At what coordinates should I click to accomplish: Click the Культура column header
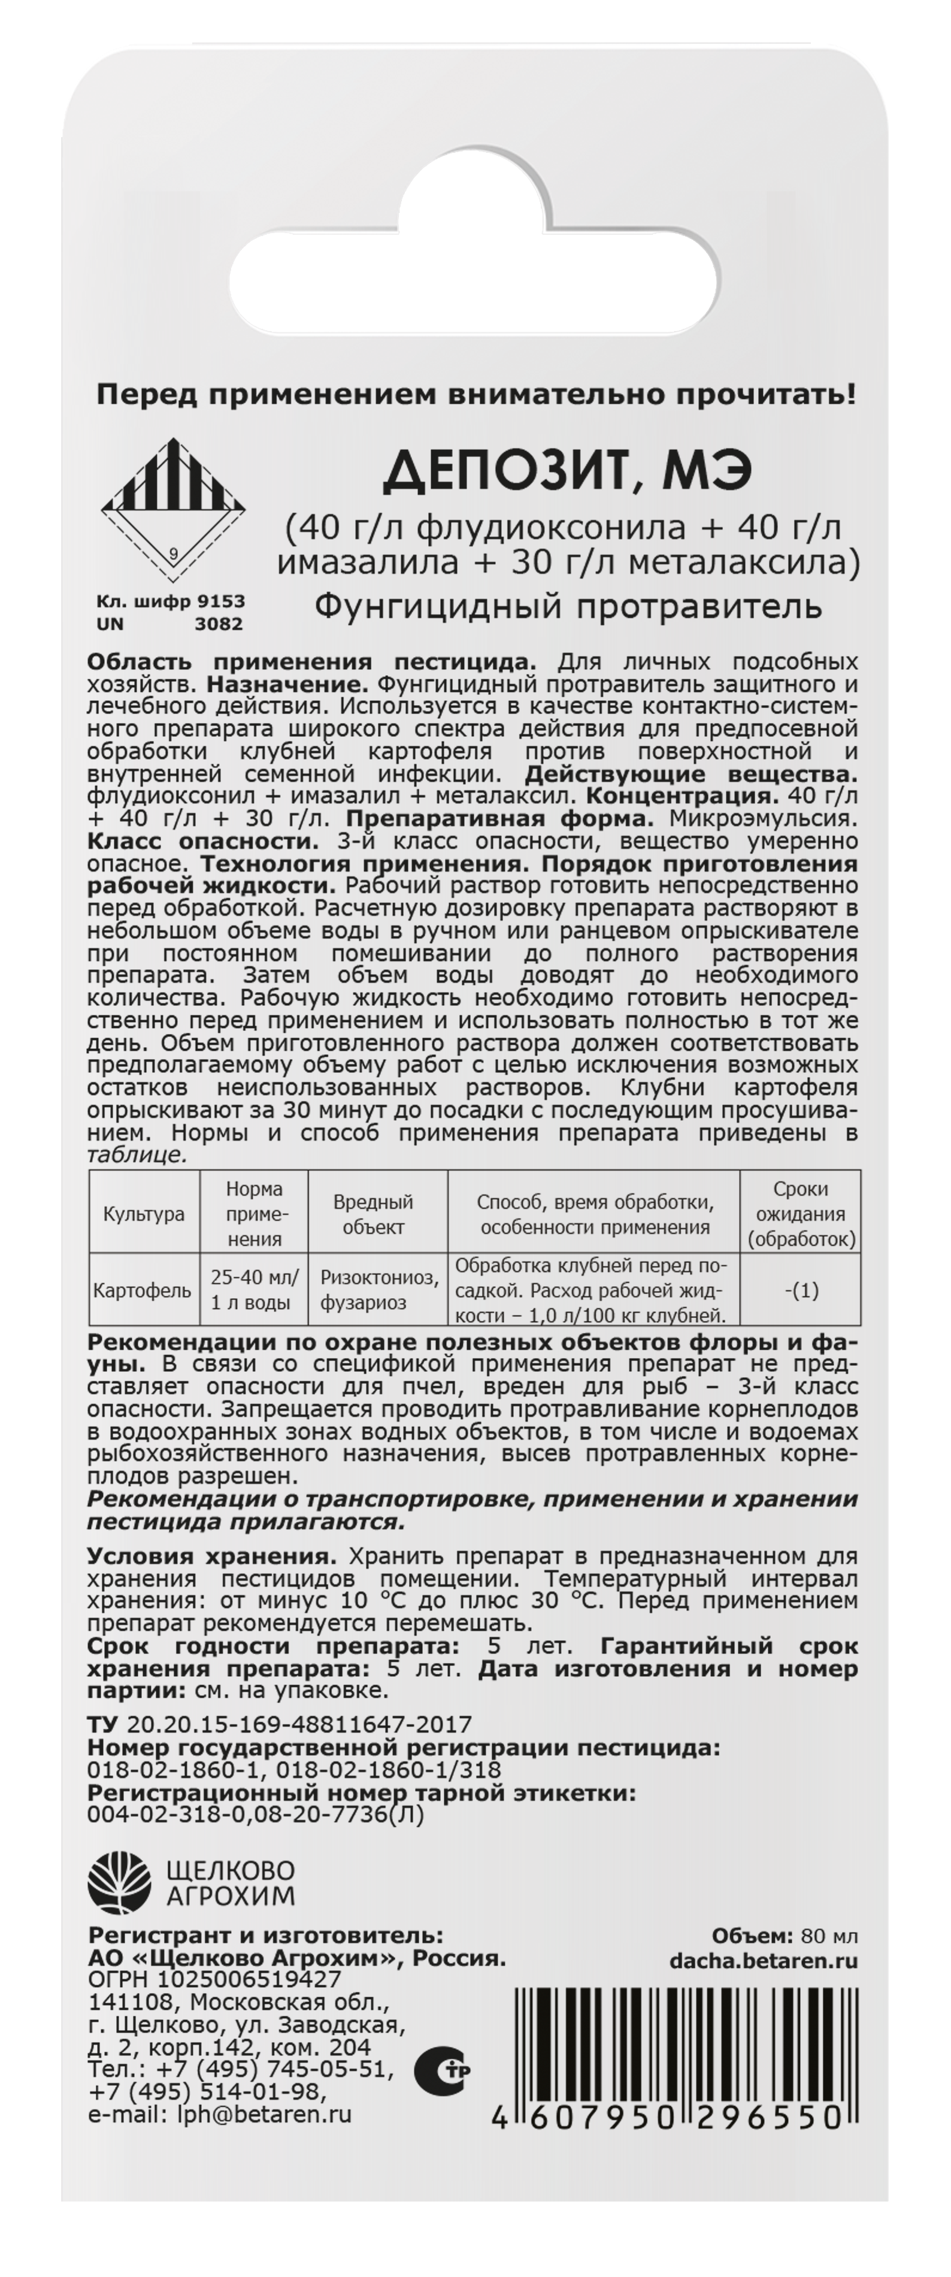(x=144, y=1214)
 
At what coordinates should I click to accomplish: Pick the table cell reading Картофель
(x=143, y=1290)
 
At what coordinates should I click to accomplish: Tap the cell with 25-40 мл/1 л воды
(x=255, y=1290)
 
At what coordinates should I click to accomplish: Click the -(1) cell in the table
(x=801, y=1290)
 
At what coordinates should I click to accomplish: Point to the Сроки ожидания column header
(x=801, y=1214)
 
